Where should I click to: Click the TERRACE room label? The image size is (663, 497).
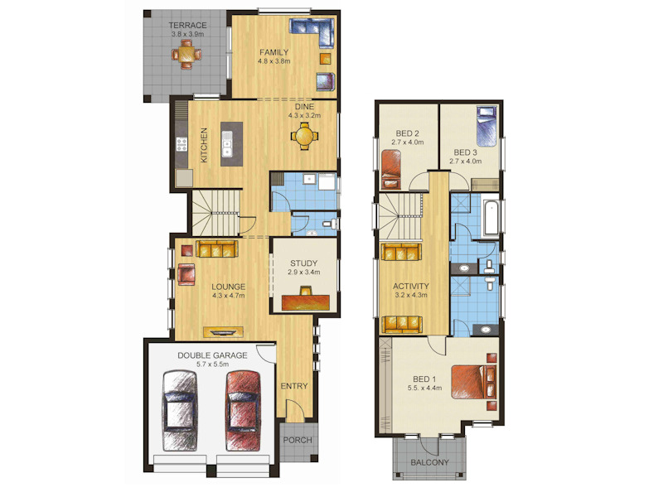point(188,26)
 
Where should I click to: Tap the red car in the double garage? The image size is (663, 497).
point(243,411)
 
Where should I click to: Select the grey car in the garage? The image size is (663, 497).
point(180,411)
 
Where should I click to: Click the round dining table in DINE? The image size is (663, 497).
point(304,136)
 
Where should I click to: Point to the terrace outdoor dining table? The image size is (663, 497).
point(186,54)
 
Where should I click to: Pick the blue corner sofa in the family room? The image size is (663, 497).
point(312,32)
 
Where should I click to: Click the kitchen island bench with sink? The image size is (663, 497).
point(232,143)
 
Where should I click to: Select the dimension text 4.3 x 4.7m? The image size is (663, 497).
point(229,296)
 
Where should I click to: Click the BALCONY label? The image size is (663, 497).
point(429,462)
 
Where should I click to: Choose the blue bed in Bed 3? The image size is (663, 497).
point(486,127)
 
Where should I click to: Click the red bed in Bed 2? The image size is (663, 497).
point(391,169)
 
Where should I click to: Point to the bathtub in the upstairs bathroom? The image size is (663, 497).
point(491,219)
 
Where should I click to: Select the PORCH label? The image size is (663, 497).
point(298,440)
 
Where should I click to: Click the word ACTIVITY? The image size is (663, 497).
point(411,286)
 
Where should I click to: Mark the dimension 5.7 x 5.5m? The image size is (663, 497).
point(213,364)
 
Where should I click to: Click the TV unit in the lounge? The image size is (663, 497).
point(223,332)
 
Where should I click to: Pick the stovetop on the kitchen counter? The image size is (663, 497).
point(181,144)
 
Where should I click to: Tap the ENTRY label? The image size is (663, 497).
point(294,386)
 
